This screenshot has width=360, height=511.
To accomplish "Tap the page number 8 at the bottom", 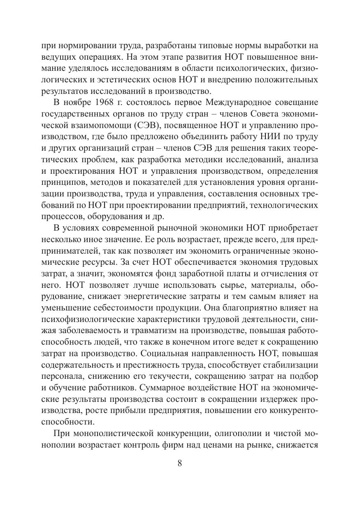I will [x=180, y=462].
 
